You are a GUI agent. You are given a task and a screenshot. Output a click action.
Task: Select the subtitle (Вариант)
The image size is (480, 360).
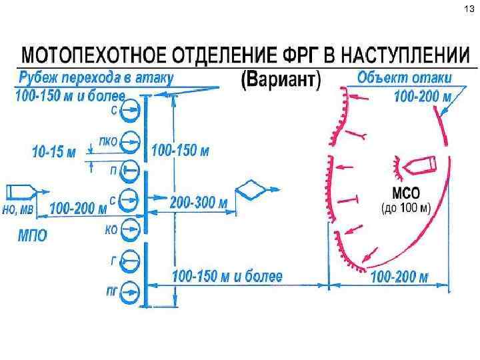[280, 81]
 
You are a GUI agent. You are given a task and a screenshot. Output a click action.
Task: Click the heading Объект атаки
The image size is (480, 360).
[404, 77]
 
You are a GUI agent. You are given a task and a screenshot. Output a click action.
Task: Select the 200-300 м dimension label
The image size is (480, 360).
[199, 203]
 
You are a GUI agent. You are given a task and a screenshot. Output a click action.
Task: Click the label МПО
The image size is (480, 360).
[32, 236]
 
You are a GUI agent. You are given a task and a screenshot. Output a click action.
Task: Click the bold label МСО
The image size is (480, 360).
[405, 194]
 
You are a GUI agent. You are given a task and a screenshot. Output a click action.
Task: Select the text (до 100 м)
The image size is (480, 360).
[406, 208]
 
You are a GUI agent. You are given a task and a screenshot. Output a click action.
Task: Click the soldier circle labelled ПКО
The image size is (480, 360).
[132, 141]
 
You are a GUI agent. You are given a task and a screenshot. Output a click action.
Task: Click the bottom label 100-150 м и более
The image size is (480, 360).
[227, 275]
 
